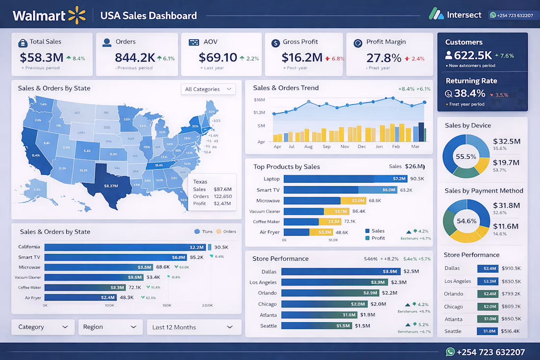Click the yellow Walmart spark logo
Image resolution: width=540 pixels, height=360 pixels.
(77, 15)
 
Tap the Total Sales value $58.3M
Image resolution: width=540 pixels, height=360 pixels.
(41, 57)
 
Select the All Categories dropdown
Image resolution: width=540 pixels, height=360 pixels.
(208, 89)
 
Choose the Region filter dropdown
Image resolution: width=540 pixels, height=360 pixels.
(109, 327)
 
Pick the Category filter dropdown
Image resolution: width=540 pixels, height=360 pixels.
(43, 327)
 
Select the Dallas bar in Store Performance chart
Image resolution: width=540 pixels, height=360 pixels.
(341, 272)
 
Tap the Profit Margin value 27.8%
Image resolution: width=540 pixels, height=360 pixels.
(384, 57)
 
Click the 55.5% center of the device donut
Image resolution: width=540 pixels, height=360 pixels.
(466, 157)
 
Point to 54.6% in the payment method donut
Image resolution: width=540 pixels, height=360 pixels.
(466, 221)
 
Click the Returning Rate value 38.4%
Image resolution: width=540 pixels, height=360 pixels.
(469, 93)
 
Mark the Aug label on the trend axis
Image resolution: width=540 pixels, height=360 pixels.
(308, 146)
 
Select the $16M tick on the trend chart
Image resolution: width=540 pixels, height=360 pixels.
(259, 100)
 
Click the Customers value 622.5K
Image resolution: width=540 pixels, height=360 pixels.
(473, 55)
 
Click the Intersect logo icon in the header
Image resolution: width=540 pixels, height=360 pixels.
(436, 14)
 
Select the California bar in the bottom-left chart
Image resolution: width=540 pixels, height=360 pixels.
(125, 247)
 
